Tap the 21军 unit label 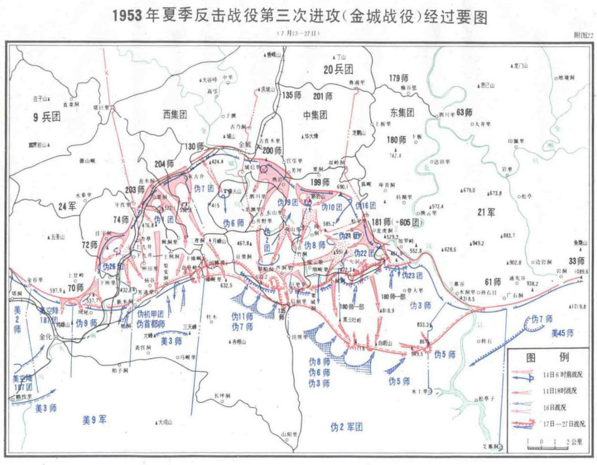[x=486, y=213]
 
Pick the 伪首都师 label [x=152, y=324]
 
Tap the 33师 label [x=575, y=259]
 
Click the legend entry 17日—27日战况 [x=565, y=424]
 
